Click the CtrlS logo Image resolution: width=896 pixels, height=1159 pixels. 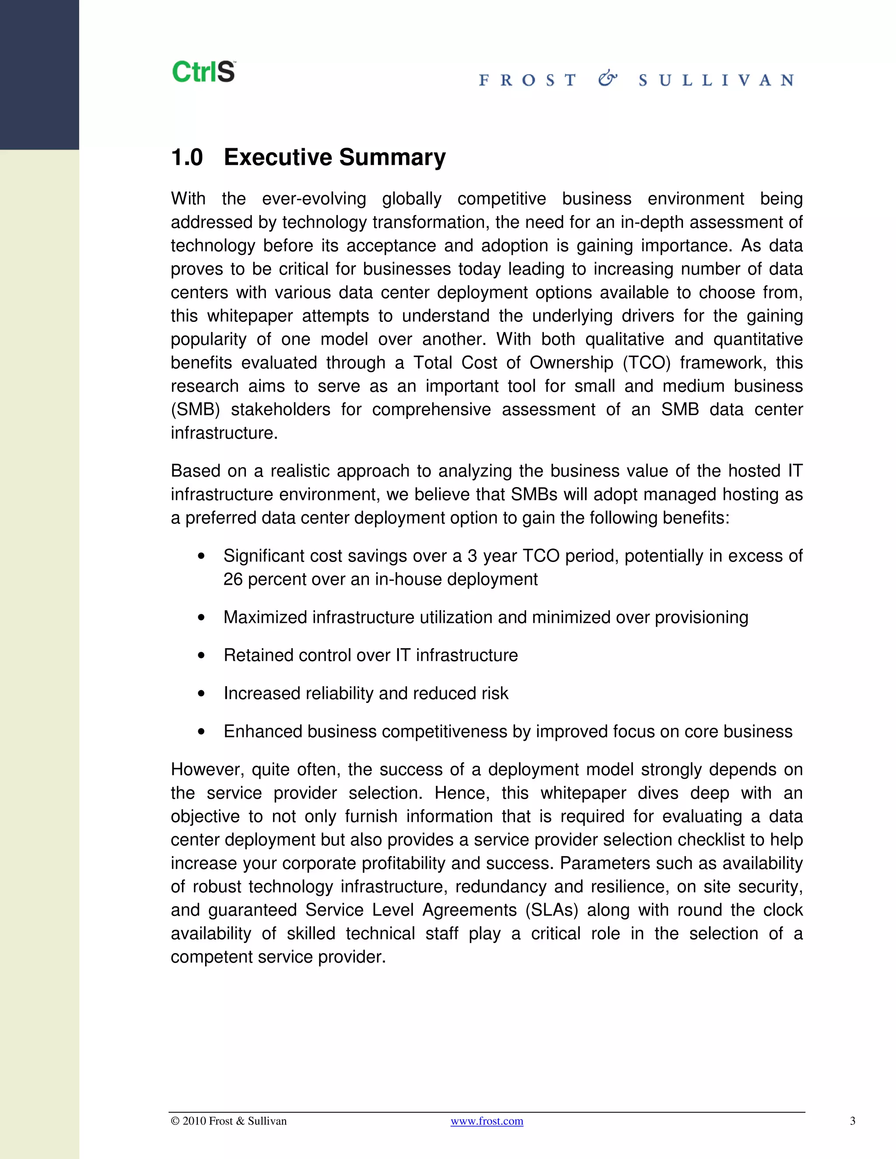pyautogui.click(x=204, y=72)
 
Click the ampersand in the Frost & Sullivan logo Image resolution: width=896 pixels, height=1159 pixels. pyautogui.click(x=607, y=80)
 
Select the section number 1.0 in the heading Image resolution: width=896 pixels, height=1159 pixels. pyautogui.click(x=187, y=157)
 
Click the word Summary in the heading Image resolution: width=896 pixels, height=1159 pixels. pyautogui.click(x=392, y=157)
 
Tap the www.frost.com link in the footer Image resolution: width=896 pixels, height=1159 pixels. pyautogui.click(x=487, y=1121)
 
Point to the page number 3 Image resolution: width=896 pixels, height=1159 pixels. pyautogui.click(x=853, y=1121)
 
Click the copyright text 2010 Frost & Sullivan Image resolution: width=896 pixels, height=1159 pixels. pyautogui.click(x=229, y=1121)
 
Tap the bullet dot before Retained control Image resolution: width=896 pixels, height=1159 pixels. pyautogui.click(x=201, y=656)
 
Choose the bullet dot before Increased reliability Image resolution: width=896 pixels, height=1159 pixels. pyautogui.click(x=201, y=694)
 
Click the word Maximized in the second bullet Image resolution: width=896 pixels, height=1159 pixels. pyautogui.click(x=266, y=617)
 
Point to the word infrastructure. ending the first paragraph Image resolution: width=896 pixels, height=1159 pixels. pyautogui.click(x=224, y=433)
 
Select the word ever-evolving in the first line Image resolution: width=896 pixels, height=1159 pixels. pyautogui.click(x=314, y=199)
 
